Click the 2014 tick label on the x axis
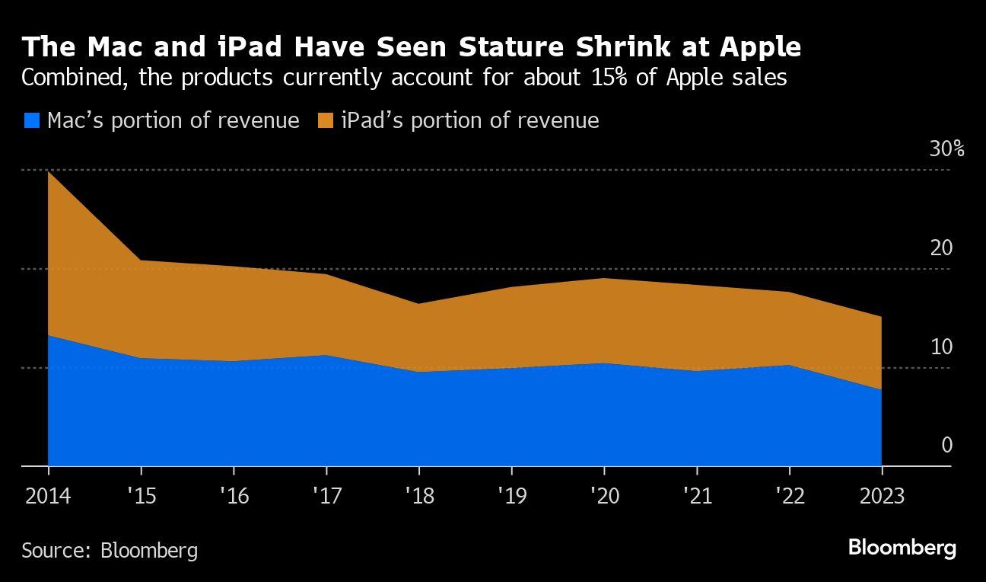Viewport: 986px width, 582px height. click(x=48, y=496)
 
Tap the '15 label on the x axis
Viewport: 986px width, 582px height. click(x=141, y=496)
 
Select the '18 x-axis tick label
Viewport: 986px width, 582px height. click(x=418, y=496)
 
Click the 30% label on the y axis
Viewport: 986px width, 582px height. click(x=946, y=149)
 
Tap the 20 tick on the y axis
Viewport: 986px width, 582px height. click(x=941, y=248)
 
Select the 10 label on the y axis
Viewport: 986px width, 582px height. click(x=941, y=347)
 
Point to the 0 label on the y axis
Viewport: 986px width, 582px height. click(x=946, y=445)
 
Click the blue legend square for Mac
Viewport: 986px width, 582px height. click(x=32, y=120)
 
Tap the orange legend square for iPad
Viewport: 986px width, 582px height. click(x=326, y=120)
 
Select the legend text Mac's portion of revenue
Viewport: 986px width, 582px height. click(x=173, y=120)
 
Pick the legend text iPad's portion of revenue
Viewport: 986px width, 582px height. click(x=469, y=120)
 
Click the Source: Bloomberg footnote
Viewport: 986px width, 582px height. click(x=110, y=550)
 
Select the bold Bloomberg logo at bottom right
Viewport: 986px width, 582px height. click(x=902, y=548)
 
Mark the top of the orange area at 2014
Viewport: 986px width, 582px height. click(x=48, y=171)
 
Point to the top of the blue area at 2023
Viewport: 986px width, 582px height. click(x=881, y=389)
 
